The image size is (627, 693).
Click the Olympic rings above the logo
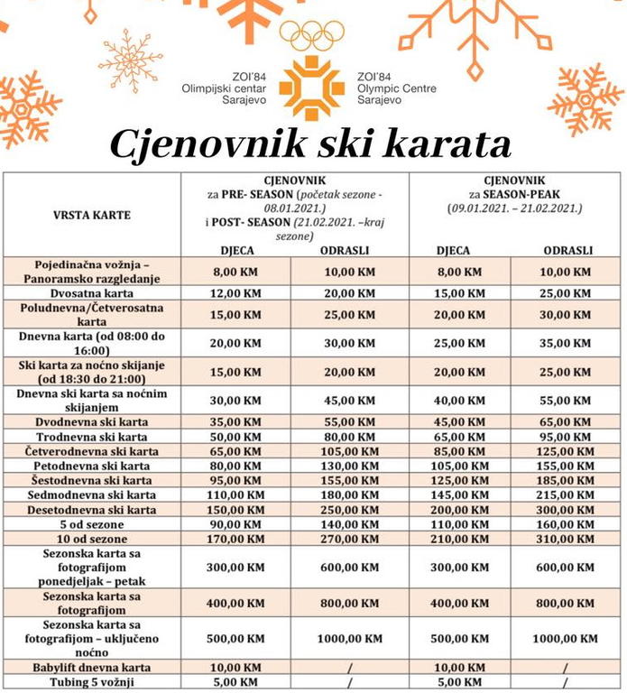coord(312,35)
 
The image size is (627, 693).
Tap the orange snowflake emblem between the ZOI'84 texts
coord(312,88)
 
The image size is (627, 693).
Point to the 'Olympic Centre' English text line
coord(396,88)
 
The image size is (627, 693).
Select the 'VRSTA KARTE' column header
coord(91,215)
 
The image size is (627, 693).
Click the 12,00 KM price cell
coord(235,293)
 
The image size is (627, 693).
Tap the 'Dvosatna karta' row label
coord(91,293)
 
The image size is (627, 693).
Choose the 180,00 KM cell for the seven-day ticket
coord(347,494)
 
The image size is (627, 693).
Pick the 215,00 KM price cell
coord(567,494)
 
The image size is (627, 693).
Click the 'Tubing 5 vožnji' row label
coord(91,681)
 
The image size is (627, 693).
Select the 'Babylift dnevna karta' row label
coord(91,667)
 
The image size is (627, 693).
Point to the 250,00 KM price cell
coord(347,510)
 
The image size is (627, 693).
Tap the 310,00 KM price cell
coord(567,539)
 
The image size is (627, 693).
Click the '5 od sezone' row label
coord(91,524)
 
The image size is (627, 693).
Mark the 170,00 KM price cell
coord(235,539)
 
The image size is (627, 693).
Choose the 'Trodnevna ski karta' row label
coord(91,437)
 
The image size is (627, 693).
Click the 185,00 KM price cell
coord(567,480)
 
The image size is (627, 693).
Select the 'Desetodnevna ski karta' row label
coord(91,510)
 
